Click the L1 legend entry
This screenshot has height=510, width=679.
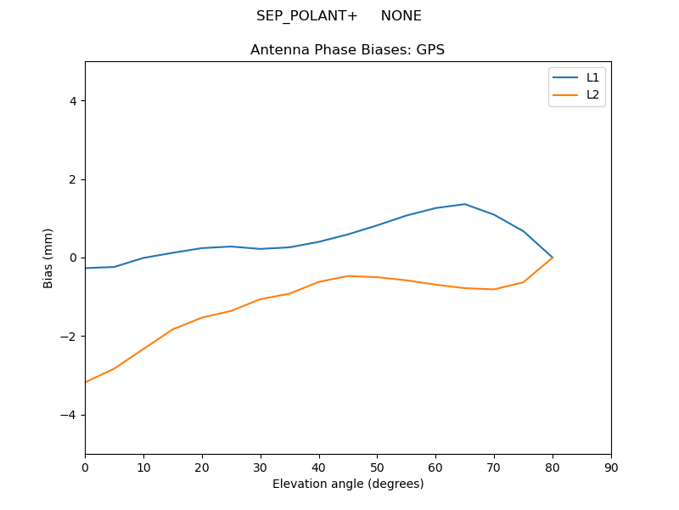click(x=592, y=77)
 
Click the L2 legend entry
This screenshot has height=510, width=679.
click(x=592, y=94)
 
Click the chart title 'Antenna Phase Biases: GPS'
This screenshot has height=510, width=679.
click(x=347, y=50)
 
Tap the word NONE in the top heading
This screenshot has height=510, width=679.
click(x=401, y=16)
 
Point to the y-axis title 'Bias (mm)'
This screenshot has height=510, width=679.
click(x=48, y=258)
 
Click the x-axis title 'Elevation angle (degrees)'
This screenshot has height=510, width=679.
click(x=348, y=484)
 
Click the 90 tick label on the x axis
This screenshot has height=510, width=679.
click(x=611, y=467)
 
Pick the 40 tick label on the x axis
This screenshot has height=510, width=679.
click(x=318, y=467)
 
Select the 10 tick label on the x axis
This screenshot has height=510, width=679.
click(x=143, y=467)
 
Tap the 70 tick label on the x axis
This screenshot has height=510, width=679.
click(x=494, y=467)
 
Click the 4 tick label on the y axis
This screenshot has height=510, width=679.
click(x=72, y=100)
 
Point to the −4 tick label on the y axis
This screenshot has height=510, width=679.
click(x=69, y=415)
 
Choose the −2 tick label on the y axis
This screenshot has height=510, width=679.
click(x=69, y=337)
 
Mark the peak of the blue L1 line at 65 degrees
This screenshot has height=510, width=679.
click(x=465, y=204)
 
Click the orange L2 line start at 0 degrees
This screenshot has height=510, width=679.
click(x=86, y=382)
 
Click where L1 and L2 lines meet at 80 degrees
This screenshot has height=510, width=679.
click(x=553, y=258)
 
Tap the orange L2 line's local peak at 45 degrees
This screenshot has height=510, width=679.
click(x=348, y=275)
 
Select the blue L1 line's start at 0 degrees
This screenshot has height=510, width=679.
click(x=86, y=268)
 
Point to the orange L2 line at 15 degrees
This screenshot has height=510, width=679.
click(x=172, y=329)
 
